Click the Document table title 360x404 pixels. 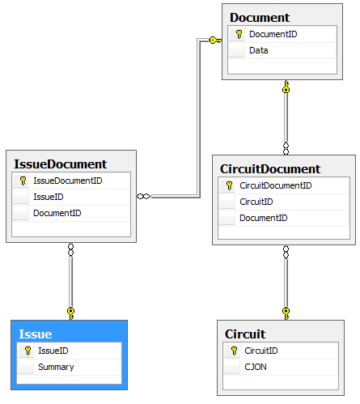260,18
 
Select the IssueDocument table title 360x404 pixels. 61,164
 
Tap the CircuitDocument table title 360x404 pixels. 270,169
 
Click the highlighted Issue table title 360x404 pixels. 36,334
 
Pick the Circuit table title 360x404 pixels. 245,334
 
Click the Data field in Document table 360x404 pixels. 259,50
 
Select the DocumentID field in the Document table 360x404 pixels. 273,34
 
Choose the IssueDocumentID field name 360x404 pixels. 68,181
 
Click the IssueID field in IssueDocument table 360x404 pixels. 49,197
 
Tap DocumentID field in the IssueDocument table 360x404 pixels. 57,213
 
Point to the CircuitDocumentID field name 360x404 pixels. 276,185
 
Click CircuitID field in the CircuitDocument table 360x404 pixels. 256,202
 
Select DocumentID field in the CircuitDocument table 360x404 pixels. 264,218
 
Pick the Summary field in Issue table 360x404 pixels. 56,367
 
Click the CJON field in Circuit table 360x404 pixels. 256,367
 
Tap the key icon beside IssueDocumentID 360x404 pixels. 23,181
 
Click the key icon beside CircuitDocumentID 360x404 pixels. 230,185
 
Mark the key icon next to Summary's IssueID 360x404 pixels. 28,351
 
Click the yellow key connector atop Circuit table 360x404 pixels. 286,313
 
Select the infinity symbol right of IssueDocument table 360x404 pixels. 143,197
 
